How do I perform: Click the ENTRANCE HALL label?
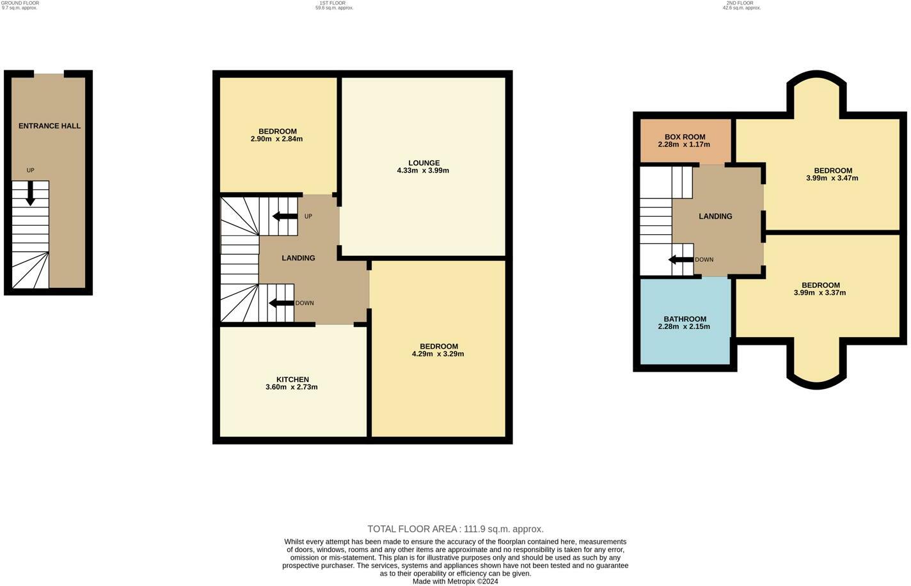coord(49,126)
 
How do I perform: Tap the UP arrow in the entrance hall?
coord(30,193)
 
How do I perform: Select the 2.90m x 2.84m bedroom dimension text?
coord(276,139)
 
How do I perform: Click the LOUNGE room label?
coord(424,163)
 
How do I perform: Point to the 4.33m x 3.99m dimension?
coord(423,171)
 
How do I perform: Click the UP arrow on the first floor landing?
coord(285,216)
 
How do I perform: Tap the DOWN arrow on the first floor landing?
coord(281,303)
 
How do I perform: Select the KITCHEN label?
coord(292,380)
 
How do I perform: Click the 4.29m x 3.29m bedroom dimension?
coord(438,354)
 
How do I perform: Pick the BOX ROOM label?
coord(685,137)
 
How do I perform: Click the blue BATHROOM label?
coord(685,319)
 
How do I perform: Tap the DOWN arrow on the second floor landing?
coord(681,260)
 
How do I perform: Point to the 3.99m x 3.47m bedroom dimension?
coord(832,178)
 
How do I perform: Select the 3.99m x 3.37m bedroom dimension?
coord(820,293)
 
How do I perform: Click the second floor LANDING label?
coord(715,217)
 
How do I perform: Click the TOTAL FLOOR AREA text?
coord(455,529)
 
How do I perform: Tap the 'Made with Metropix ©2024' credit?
coord(455,582)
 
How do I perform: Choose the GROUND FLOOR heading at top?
coord(20,3)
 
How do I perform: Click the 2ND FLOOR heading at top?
coord(740,3)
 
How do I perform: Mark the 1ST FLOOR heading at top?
coord(332,3)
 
